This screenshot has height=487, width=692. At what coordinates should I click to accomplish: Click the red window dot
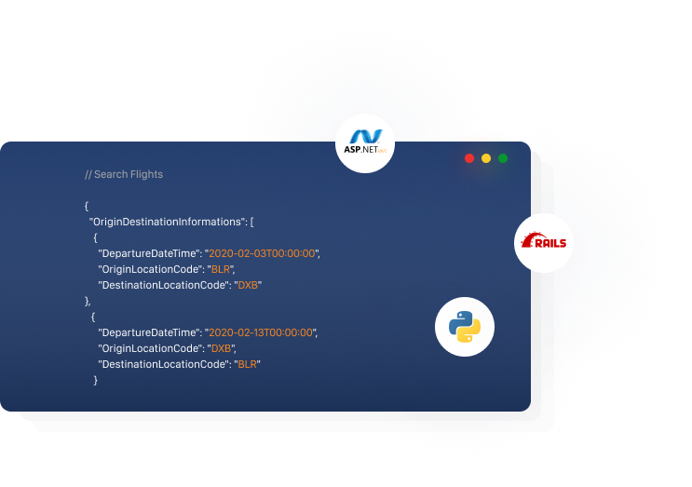469,158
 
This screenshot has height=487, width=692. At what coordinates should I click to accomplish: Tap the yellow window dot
486,158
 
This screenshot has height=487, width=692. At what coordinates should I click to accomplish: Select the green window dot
503,158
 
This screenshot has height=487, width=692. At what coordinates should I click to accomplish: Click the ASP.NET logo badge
365,143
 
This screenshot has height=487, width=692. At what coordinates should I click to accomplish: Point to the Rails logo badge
544,243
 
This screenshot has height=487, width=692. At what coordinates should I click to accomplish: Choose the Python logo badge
465,327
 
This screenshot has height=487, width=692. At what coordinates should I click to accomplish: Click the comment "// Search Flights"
124,174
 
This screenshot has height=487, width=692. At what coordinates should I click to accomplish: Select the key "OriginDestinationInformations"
168,222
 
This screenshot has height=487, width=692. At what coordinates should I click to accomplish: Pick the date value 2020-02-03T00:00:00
262,253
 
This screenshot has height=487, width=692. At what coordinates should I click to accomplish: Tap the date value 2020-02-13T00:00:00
261,332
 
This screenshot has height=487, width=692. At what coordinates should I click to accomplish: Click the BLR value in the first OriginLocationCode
221,269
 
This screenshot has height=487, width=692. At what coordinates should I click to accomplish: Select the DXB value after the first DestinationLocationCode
248,286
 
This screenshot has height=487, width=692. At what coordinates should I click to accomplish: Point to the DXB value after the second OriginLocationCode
221,348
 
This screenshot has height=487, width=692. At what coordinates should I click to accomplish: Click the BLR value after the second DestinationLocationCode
248,364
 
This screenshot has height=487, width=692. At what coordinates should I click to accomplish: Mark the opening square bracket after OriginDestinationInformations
252,222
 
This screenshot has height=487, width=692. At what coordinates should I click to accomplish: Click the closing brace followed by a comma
88,302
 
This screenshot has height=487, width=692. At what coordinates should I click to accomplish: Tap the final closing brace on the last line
95,380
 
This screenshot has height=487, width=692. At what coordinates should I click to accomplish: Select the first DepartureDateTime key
149,253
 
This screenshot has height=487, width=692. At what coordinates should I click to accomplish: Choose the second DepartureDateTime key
149,332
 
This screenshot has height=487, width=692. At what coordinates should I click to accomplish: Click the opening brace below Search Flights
87,206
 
